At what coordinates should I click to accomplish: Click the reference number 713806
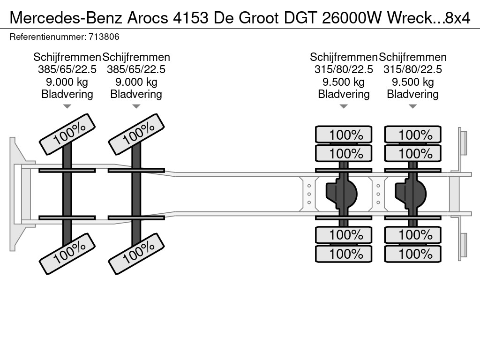coord(104,37)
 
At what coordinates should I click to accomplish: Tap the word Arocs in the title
coord(148,18)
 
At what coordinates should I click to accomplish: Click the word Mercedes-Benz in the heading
coord(66,18)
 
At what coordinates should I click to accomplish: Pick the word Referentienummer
coord(47,37)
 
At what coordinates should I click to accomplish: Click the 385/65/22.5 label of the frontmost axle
coord(67,69)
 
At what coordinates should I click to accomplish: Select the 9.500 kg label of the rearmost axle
coord(412,82)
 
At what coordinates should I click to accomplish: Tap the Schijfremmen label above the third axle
coord(344,57)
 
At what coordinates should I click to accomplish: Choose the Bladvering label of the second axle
coord(136,94)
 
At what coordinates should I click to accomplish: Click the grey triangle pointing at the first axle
coord(67,106)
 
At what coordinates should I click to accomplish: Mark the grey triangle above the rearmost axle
coord(412,106)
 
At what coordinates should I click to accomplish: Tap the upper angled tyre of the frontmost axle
coord(67,134)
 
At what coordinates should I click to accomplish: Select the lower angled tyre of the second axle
coord(136,254)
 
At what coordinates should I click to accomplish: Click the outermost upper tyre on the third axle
coord(344,135)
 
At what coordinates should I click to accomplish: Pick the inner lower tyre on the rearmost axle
coord(412,235)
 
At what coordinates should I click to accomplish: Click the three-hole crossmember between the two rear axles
coord(378,194)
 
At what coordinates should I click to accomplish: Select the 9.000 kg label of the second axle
coord(136,82)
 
